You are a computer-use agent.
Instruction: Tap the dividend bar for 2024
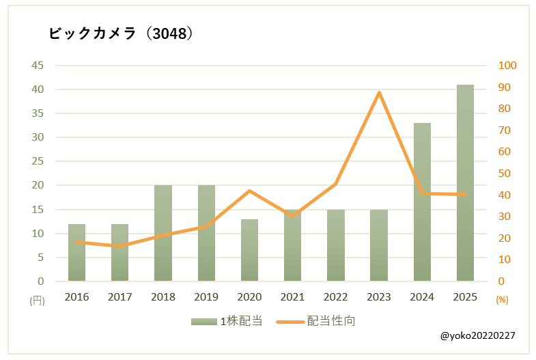pos(422,202)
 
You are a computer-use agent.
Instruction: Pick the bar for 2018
pos(163,233)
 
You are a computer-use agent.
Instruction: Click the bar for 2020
pos(249,250)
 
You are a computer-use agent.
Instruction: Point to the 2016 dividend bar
pos(77,253)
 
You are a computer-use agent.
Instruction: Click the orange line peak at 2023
pos(379,92)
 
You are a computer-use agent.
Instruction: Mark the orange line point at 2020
pos(249,191)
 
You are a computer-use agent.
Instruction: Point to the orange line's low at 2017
pos(120,246)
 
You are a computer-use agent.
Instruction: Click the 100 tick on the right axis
pos(508,66)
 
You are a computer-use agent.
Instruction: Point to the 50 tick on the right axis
pos(505,174)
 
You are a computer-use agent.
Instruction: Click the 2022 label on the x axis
pos(335,297)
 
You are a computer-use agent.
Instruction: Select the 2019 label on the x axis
pos(206,297)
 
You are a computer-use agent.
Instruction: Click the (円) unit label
pos(37,300)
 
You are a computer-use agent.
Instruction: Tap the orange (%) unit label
pos(502,300)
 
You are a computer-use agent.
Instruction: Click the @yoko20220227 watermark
pos(478,336)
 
